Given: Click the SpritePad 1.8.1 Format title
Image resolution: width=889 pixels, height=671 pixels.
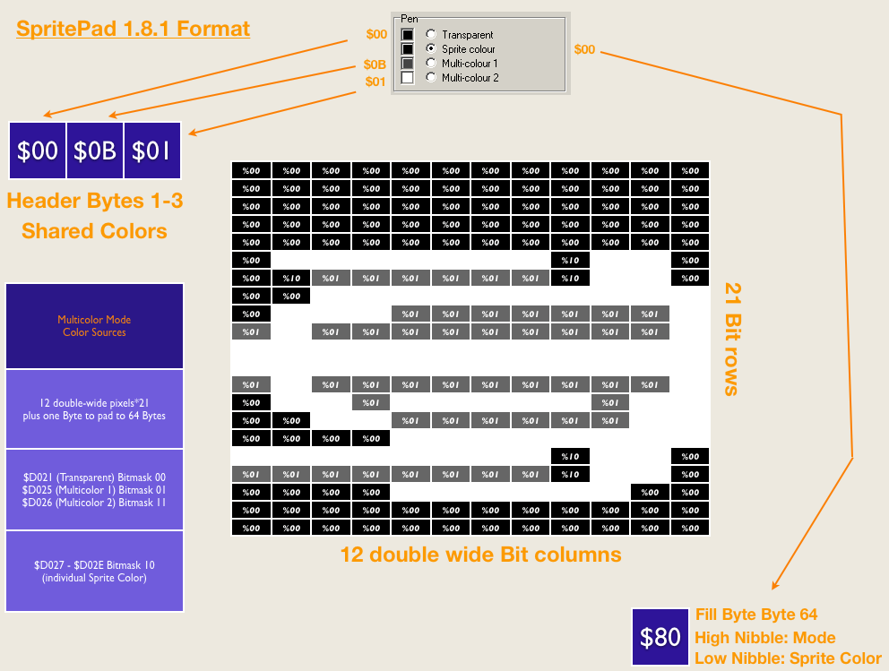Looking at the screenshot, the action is (133, 29).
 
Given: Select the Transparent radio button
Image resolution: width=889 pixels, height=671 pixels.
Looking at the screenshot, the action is (431, 34).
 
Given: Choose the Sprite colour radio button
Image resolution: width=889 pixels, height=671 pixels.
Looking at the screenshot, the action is (431, 48).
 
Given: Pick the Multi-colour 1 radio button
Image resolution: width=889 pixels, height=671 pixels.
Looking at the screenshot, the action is (431, 63).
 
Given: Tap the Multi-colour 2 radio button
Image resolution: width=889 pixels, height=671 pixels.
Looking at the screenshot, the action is (431, 77).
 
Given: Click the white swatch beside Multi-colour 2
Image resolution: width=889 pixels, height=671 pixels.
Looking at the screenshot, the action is (407, 77).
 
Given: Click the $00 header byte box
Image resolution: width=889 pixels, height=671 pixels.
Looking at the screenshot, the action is (38, 151).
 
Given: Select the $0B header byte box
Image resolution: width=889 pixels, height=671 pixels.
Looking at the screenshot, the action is (95, 151).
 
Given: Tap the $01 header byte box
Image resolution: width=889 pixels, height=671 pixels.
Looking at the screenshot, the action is (151, 151).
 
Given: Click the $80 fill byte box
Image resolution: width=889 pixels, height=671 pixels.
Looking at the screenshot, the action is (660, 637).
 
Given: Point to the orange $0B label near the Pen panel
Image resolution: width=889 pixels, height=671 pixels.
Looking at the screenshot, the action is (375, 65).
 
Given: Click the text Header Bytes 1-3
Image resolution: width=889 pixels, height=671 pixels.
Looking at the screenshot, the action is (94, 201).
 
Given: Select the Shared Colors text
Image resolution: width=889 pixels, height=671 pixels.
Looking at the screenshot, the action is (94, 231).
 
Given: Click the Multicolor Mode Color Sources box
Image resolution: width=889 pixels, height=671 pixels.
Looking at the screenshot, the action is (94, 326).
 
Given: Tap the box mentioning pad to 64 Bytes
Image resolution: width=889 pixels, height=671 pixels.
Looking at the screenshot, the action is (94, 409).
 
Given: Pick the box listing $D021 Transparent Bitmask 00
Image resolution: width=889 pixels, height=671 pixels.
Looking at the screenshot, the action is (94, 490).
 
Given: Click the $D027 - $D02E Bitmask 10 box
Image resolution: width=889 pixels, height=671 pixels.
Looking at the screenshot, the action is (94, 572).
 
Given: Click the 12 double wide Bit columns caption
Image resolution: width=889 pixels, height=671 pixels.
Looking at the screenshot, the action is (480, 555).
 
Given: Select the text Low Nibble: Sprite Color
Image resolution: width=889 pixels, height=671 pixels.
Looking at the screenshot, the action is (788, 658).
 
